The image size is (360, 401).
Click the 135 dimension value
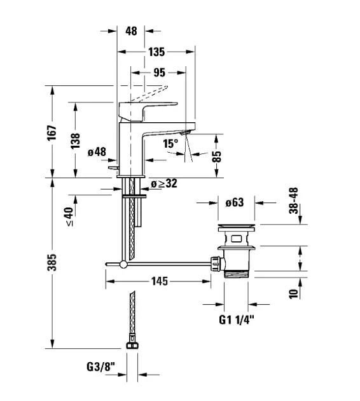[x=156, y=52]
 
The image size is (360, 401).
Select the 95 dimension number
[x=160, y=73]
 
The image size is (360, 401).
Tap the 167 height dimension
[x=52, y=132]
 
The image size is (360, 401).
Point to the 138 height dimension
[x=76, y=141]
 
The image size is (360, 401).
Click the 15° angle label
[x=170, y=143]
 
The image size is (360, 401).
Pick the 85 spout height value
[x=216, y=157]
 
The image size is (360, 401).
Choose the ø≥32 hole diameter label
[x=163, y=183]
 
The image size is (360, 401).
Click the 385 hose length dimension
[x=52, y=262]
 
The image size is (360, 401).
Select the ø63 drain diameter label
[x=235, y=202]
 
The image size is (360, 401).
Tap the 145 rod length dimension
[x=160, y=281]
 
